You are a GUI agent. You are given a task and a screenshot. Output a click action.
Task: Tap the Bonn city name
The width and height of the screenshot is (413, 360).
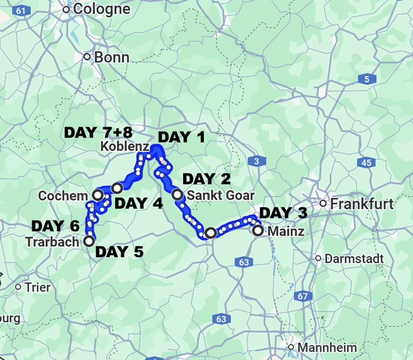(112, 57)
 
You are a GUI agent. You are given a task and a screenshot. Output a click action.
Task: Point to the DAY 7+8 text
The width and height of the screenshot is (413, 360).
(98, 132)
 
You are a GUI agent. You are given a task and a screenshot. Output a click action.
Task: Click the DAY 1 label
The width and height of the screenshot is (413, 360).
(181, 137)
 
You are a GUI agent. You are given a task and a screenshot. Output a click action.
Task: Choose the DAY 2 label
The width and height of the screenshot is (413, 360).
(206, 179)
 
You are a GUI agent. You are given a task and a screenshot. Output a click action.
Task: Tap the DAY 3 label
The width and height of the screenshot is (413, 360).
(283, 213)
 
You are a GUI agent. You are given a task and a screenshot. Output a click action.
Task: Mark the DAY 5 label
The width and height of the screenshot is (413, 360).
(119, 252)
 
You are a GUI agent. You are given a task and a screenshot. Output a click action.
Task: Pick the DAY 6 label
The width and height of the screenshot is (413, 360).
(55, 226)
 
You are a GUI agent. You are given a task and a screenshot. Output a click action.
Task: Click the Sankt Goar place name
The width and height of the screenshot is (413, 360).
(221, 195)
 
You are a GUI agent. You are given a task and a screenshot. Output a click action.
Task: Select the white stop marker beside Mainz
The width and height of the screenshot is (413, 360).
(258, 230)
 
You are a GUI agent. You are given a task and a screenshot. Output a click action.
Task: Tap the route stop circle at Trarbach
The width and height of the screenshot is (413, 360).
(89, 241)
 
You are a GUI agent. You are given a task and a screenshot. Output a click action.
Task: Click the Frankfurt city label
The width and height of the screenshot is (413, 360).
(362, 204)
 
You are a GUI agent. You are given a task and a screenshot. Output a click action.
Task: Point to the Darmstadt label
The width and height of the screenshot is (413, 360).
(354, 259)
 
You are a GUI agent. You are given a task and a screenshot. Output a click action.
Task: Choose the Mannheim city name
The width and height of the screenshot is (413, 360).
(327, 348)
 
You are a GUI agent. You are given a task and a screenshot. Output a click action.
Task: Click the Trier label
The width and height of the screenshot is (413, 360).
(38, 287)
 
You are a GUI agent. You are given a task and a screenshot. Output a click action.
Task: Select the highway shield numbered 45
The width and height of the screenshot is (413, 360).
(366, 163)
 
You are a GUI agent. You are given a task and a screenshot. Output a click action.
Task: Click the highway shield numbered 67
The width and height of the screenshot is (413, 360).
(302, 296)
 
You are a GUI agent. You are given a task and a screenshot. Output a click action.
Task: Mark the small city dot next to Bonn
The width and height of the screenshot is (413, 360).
(87, 57)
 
